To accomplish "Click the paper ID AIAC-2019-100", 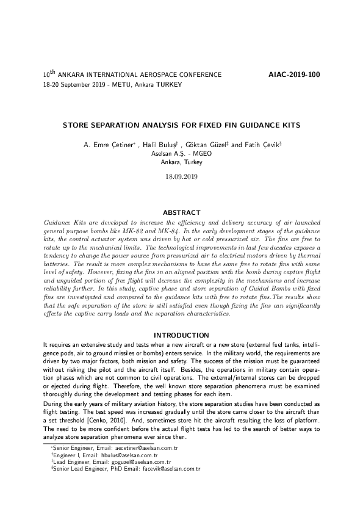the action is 294,74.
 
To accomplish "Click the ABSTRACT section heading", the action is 181,212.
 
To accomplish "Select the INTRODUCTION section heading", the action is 181,335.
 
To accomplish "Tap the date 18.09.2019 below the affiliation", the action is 181,176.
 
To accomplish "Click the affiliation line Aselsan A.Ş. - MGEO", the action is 181,154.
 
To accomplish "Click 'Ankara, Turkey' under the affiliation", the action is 181,162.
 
